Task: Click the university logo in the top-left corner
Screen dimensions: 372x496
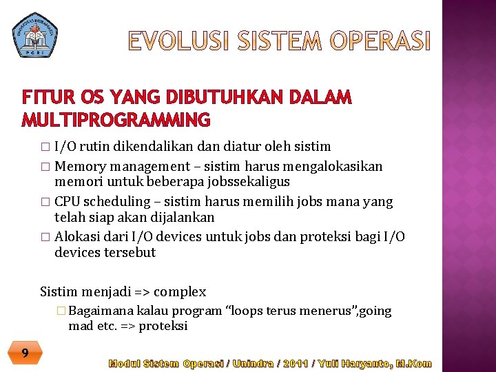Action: pos(35,34)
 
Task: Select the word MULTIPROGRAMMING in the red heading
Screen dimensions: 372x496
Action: pos(116,121)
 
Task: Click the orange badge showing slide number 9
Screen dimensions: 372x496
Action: pos(25,353)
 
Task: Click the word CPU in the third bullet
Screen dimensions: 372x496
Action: pos(67,201)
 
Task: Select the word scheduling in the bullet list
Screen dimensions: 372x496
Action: pos(116,202)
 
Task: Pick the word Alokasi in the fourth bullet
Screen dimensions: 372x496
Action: pos(76,236)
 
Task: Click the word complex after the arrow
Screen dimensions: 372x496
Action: pos(180,291)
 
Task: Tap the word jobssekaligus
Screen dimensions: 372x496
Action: pos(251,182)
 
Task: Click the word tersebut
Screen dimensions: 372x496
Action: pos(130,253)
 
